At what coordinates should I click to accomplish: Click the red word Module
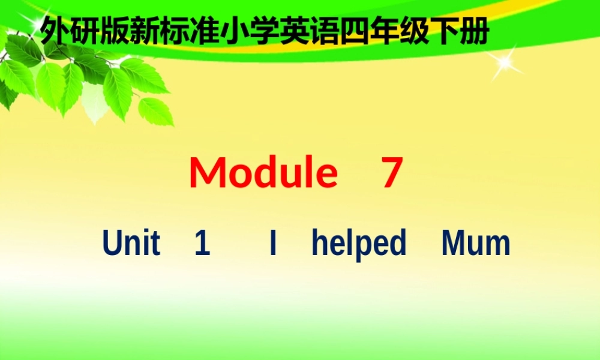263,172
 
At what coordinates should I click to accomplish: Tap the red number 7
391,173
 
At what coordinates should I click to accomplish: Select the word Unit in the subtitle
131,244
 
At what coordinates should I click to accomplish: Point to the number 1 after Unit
202,244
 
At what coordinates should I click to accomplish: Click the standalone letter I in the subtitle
273,244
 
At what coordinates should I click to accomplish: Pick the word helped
359,244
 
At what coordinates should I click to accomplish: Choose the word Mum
476,244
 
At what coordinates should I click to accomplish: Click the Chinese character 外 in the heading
55,32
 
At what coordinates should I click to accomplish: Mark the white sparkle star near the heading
505,62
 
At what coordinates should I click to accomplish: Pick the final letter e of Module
326,175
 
